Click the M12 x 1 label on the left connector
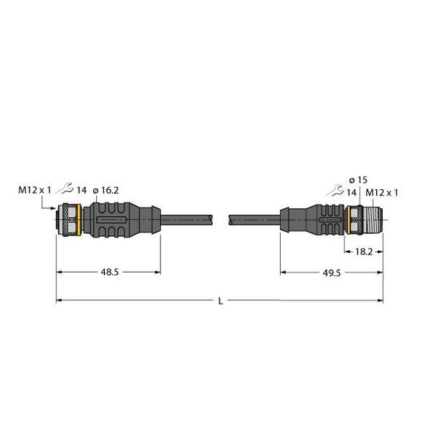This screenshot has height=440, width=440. [34, 191]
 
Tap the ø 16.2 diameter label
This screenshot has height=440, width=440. [105, 191]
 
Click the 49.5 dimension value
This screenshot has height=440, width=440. [331, 271]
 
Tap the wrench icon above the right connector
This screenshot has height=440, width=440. [337, 191]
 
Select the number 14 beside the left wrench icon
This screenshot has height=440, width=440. [81, 191]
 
